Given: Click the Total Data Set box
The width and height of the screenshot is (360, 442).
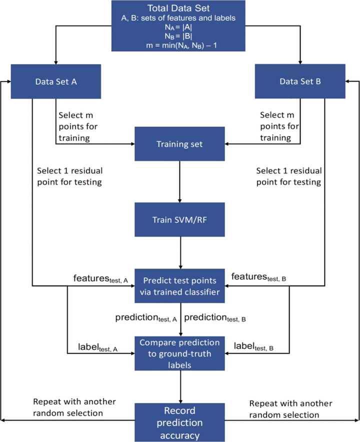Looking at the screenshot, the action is point(178,25).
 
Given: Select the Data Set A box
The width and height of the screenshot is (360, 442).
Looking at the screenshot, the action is point(56,81).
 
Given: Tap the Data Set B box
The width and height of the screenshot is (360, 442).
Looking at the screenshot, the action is point(300,81).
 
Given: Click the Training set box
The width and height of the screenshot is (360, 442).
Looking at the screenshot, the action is point(179,144).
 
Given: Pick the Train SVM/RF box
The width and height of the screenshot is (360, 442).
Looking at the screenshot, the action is point(179,219).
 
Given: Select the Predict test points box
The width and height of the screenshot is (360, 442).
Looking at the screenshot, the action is point(179,286).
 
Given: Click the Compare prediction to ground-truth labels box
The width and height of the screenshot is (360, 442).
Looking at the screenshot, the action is point(179,353).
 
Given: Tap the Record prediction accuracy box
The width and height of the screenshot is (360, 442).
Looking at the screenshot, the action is point(179,422).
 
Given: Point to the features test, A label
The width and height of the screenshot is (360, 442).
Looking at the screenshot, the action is point(100,278).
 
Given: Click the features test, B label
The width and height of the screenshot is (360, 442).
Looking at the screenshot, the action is point(259,277).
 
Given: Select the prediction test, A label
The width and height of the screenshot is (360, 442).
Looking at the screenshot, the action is point(146,317).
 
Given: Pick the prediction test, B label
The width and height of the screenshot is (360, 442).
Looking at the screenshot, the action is point(215,317).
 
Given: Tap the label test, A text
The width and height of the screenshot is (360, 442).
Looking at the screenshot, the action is point(98,347).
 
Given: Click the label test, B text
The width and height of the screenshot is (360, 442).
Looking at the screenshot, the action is point(253,346).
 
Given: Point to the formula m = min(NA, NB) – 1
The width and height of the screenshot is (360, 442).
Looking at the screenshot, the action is point(181,45).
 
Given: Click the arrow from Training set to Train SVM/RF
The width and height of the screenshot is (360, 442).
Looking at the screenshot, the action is point(179,182).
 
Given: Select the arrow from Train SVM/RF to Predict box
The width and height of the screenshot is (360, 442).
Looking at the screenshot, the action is point(180,252).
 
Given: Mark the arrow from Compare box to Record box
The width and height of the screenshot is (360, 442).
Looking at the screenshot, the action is point(180,387).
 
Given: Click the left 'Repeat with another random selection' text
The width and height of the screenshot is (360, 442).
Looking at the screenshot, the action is point(74,407).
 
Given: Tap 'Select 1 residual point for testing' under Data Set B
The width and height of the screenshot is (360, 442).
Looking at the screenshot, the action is point(288,176).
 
